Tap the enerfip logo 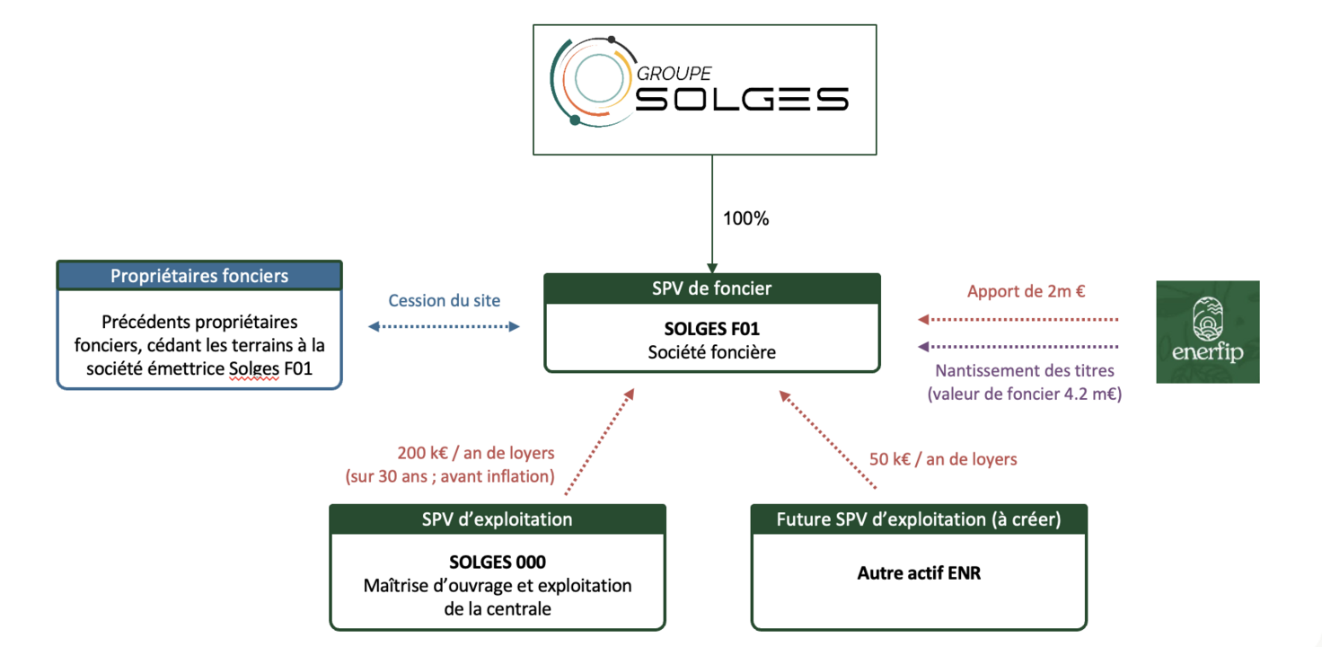1207,332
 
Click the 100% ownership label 745,218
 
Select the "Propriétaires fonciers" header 199,276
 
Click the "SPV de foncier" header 711,288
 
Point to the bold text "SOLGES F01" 711,330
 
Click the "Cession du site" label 444,301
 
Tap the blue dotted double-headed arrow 444,327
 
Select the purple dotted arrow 1018,347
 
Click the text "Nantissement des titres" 1025,370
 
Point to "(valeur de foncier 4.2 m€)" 1024,393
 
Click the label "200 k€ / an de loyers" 476,453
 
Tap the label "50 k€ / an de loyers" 943,459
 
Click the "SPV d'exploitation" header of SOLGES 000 497,519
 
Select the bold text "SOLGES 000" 497,563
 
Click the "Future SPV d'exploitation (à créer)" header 919,519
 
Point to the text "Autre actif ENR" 919,572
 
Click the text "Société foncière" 711,352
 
